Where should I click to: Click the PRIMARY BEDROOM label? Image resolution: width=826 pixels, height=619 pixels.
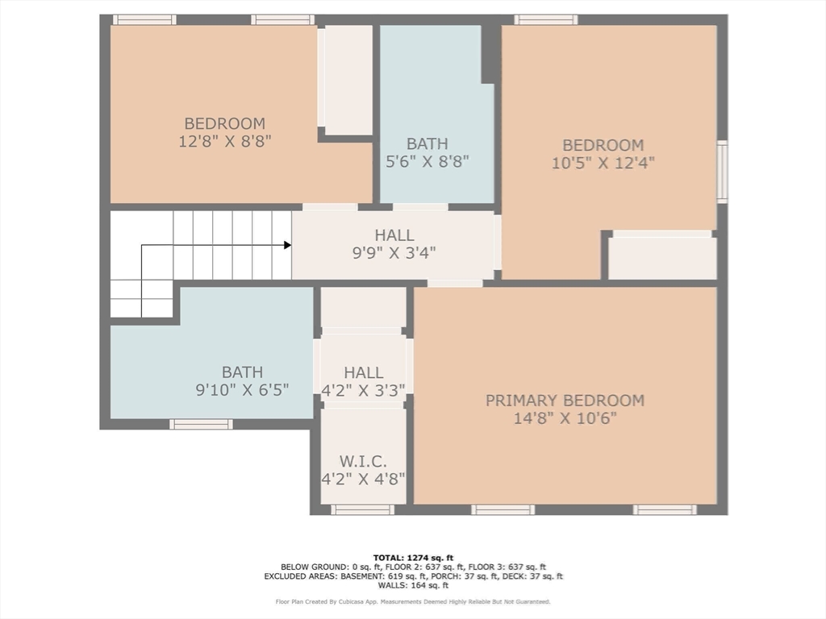coord(565,401)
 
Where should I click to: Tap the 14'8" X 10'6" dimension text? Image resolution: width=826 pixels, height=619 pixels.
coord(565,418)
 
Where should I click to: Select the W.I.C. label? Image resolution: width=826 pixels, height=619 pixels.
coord(363,462)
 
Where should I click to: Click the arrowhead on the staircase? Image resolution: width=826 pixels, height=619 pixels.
coord(288,245)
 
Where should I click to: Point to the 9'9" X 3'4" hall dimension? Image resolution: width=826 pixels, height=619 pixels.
coord(394,253)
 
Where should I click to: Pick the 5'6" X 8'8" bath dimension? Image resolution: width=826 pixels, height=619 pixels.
coord(428,161)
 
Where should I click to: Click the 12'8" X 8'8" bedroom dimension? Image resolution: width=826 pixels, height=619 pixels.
coord(224,141)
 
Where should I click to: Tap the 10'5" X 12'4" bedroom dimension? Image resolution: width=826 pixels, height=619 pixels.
coord(603,163)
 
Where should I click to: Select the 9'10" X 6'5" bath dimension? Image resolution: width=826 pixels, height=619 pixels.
coord(242,390)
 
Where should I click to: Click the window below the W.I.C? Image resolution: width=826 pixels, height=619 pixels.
coord(362,509)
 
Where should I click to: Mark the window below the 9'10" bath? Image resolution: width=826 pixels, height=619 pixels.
coord(201,424)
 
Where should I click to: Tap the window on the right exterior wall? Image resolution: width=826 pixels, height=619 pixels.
coord(722,172)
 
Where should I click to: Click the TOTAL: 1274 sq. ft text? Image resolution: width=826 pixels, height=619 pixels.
coord(413,558)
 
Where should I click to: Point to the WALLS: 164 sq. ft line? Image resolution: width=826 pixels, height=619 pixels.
coord(413,585)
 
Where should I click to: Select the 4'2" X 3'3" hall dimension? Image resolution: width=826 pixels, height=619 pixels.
coord(363,391)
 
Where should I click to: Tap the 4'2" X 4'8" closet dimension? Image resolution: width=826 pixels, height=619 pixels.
coord(363,480)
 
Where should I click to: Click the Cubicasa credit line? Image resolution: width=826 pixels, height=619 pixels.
coord(413,601)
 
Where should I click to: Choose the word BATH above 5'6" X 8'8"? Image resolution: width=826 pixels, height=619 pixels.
coord(428,143)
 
